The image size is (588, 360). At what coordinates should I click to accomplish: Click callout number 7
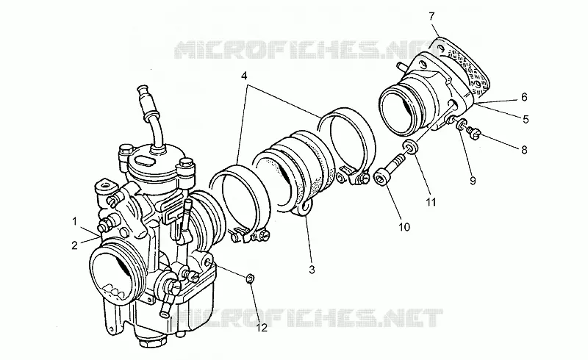tap(431, 16)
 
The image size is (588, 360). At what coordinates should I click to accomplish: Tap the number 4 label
tap(244, 76)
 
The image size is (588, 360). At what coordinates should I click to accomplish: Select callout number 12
tap(262, 328)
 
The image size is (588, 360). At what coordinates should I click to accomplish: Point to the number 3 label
tap(312, 269)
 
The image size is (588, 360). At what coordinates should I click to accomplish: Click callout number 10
tap(404, 227)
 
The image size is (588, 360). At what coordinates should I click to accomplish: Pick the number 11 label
tap(431, 203)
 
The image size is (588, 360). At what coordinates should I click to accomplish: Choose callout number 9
tap(473, 181)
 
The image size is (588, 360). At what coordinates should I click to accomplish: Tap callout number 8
tap(524, 150)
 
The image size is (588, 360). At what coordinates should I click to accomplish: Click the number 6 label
tap(524, 97)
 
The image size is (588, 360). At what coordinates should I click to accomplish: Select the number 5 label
tap(526, 119)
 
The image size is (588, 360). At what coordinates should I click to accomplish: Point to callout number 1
tap(75, 222)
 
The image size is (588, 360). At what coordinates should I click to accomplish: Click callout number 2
tap(75, 245)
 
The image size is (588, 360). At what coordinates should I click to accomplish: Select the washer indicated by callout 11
tap(411, 146)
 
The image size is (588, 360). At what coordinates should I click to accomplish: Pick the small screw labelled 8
tap(473, 133)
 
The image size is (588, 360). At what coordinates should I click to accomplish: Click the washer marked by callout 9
tap(462, 124)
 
